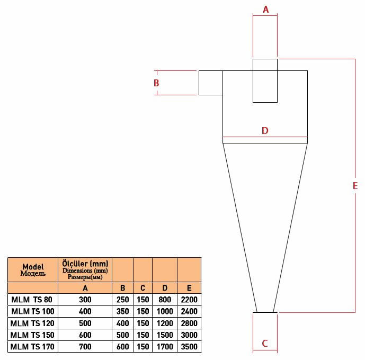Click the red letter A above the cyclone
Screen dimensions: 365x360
(265, 10)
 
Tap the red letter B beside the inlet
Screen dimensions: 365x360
(156, 83)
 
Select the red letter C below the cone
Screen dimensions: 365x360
(265, 344)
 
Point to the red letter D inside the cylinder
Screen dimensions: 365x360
(265, 130)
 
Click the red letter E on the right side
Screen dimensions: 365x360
(355, 186)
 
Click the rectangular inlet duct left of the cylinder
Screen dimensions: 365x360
(211, 83)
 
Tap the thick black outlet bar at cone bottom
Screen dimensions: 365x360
(265, 312)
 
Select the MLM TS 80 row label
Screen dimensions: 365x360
(32, 300)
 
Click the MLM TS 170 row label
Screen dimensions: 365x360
(32, 347)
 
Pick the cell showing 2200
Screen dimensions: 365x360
(189, 300)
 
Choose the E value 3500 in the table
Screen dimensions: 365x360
(189, 347)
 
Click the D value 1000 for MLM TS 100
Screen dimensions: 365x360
(165, 311)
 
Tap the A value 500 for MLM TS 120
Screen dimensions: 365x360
(85, 323)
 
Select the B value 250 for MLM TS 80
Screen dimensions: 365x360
(123, 300)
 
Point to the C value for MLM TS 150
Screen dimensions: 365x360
(143, 335)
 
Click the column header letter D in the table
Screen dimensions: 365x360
(165, 288)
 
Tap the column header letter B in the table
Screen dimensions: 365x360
(123, 288)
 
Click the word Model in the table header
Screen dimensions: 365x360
(33, 266)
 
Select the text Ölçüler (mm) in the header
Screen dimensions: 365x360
(85, 264)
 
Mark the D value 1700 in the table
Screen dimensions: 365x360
(165, 347)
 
